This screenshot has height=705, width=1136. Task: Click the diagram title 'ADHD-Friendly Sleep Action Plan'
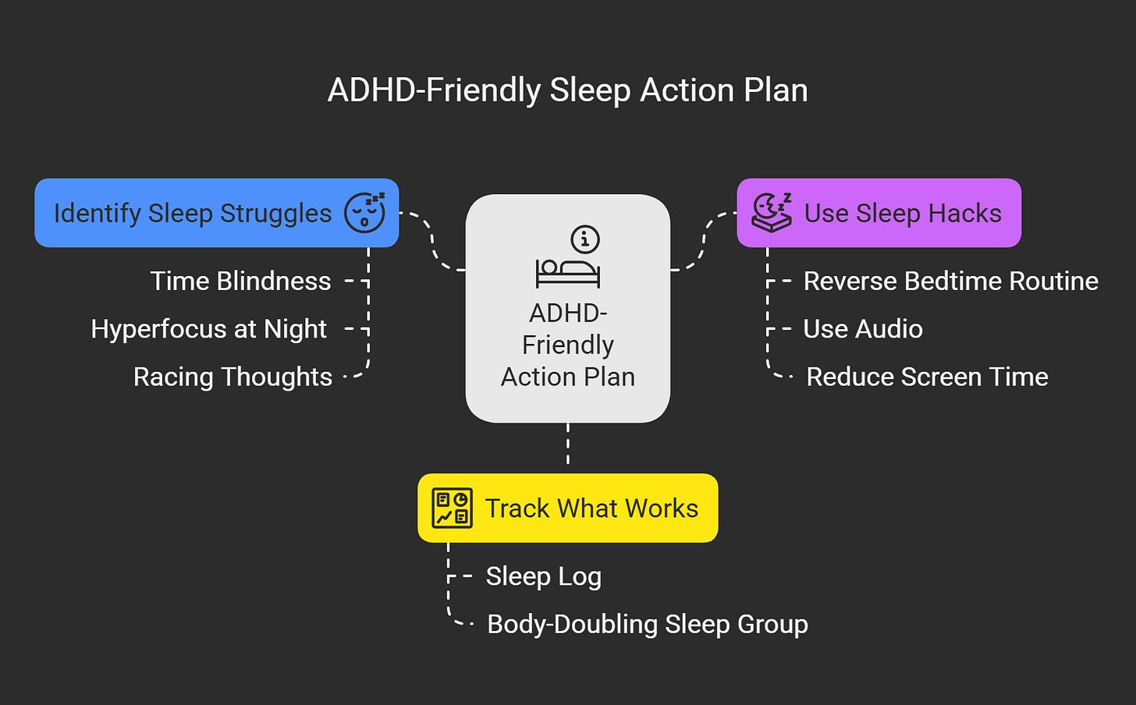coord(567,90)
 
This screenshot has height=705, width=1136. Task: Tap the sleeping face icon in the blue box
coord(365,213)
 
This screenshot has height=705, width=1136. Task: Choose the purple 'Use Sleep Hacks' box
coord(903,213)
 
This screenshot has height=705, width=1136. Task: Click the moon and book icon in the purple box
coord(772,213)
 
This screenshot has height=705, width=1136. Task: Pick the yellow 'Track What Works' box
coord(591,508)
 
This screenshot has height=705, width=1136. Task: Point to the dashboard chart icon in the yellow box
coord(453,508)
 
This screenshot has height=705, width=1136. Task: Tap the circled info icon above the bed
coord(585,239)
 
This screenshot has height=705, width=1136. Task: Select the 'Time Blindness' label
coord(240,281)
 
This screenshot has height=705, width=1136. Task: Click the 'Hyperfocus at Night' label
coord(208,329)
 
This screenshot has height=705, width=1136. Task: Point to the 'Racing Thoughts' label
coord(233,377)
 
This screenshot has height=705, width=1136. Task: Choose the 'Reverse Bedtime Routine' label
coord(950,281)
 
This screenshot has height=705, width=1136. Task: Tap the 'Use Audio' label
coord(863,329)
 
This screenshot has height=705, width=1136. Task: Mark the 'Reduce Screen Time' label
coord(927,377)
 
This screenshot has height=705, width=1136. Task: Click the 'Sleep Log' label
coord(543,576)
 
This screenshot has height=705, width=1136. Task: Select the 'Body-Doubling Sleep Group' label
coord(647,624)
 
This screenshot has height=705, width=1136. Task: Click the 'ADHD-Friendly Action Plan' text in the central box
coord(568,345)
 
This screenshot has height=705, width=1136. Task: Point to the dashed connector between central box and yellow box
coord(568,446)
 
